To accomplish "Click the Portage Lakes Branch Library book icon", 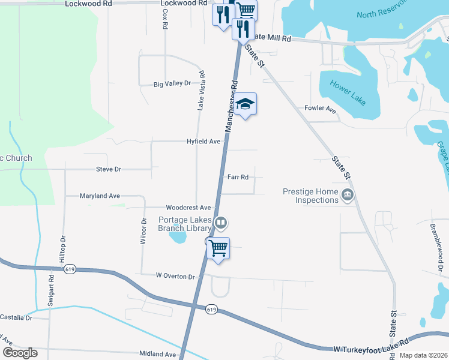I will tap(221, 224).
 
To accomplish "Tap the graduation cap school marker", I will tap(245, 104).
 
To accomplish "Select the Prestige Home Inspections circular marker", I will tap(347, 195).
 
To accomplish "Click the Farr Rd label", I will tap(238, 177).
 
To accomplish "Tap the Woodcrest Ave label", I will tap(188, 207).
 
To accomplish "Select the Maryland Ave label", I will tap(100, 196).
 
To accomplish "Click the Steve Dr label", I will tap(109, 170).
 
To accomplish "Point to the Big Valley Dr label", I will tap(172, 84).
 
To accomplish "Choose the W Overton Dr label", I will tap(175, 277).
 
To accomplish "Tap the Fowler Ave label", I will tap(320, 109).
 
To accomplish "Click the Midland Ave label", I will tap(158, 355).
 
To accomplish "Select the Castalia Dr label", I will tap(16, 317).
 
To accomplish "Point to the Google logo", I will tap(20, 353).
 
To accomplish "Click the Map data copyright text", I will tap(423, 355).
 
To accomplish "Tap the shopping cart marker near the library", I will tap(218, 248).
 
